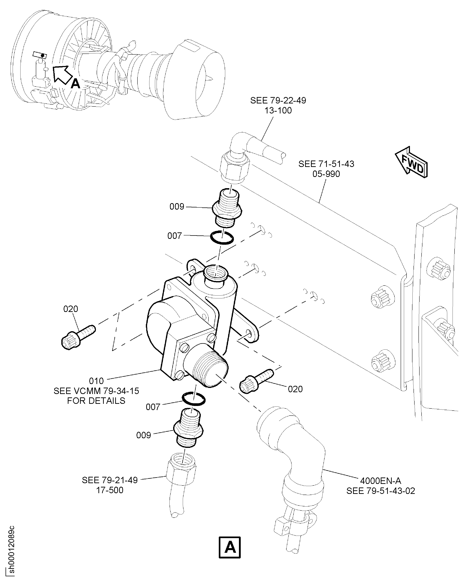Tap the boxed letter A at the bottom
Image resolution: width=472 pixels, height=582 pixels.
pos(230,547)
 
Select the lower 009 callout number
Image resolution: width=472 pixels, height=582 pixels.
pos(144,435)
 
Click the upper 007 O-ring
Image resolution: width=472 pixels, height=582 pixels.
pos(222,237)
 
